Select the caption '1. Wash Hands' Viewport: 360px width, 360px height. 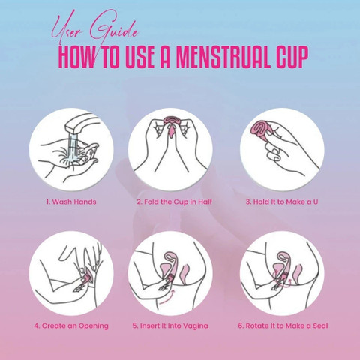[x=71, y=202]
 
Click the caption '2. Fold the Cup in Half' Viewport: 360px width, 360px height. [x=174, y=202]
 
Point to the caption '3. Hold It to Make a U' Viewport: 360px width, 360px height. [x=282, y=202]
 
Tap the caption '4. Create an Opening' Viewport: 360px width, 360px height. [x=71, y=325]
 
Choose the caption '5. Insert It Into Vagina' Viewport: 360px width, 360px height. [x=170, y=325]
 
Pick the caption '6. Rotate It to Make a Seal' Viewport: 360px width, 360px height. [x=283, y=325]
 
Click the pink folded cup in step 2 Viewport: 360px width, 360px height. [x=171, y=124]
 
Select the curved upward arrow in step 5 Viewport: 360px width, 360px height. [x=167, y=298]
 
